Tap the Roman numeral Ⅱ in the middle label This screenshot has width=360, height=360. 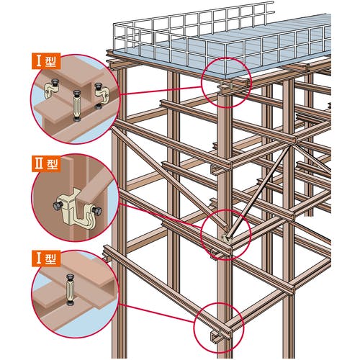tap(40, 163)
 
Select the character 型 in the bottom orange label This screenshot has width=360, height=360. tap(50, 259)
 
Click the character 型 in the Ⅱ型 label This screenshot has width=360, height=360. tap(52, 163)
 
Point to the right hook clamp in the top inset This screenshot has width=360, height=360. tap(102, 95)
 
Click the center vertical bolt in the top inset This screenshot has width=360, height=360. tap(77, 106)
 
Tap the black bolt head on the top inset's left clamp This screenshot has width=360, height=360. tap(55, 83)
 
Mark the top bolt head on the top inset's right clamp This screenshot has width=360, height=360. tap(98, 86)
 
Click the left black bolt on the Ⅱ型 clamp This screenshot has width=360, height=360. tap(58, 204)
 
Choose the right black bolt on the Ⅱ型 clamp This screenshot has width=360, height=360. tap(96, 211)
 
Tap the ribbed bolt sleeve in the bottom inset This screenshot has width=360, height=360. tap(70, 291)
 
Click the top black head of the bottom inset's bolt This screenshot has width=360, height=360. tap(70, 277)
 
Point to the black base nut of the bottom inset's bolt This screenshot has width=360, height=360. tap(70, 304)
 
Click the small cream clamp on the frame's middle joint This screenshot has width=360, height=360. tap(225, 238)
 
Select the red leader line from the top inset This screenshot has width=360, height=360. tap(160, 91)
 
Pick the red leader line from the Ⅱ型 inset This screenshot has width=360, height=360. tap(161, 215)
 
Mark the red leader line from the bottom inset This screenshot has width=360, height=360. tap(157, 313)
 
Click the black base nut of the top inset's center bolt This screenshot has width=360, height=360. tap(77, 120)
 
